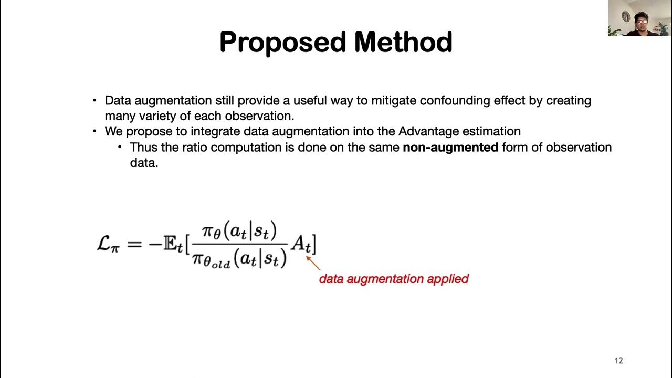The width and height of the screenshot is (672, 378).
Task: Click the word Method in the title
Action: [403, 43]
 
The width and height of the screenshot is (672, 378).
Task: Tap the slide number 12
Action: [618, 361]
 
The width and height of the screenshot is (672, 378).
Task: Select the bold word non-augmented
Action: [450, 148]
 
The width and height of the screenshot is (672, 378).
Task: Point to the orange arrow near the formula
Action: [313, 262]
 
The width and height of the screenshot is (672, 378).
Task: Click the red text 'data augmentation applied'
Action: [394, 279]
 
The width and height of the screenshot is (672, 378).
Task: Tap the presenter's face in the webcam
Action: [641, 23]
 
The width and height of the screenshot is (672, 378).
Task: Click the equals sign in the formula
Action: [134, 244]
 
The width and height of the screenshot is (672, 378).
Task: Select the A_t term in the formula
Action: [301, 244]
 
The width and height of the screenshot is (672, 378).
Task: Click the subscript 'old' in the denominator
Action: [220, 264]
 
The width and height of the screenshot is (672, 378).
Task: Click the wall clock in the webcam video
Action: [626, 16]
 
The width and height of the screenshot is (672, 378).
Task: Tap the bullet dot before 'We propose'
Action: [94, 131]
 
